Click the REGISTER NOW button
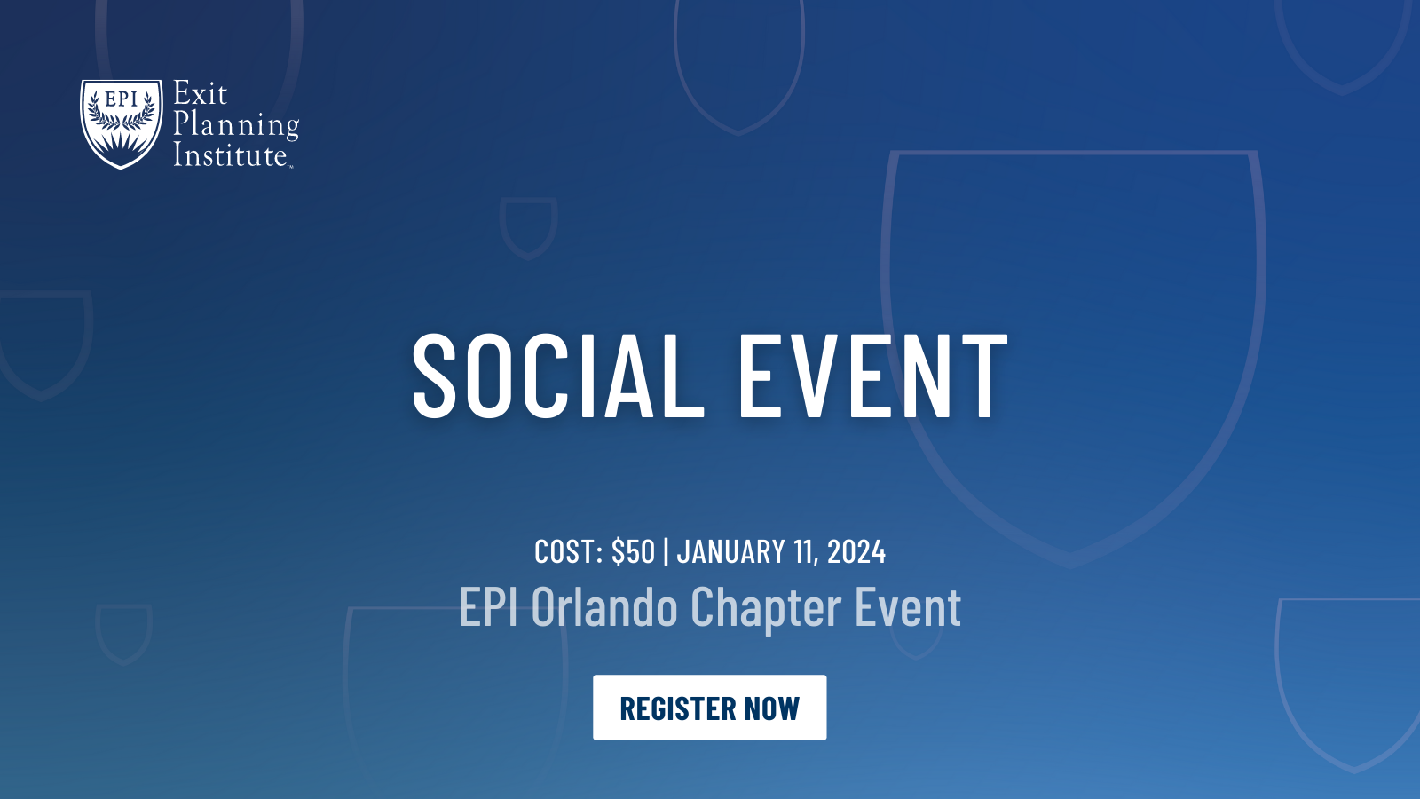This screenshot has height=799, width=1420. click(x=709, y=708)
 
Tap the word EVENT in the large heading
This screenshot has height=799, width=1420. click(x=873, y=376)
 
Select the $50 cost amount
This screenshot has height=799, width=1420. click(x=633, y=552)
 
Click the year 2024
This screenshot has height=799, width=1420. click(x=856, y=552)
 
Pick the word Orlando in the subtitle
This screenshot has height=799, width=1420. click(x=604, y=608)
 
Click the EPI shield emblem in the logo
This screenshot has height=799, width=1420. click(x=122, y=123)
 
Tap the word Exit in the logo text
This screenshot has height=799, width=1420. click(x=200, y=94)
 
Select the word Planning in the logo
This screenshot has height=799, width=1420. click(x=235, y=126)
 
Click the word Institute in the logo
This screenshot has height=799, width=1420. click(x=230, y=156)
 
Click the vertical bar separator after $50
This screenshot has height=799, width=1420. click(x=666, y=552)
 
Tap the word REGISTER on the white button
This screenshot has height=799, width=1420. click(x=677, y=708)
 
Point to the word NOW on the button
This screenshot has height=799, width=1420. click(x=772, y=708)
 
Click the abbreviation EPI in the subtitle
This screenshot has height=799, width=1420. click(x=488, y=608)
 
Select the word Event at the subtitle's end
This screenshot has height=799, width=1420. click(x=907, y=608)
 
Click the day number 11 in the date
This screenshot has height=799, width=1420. click(x=804, y=552)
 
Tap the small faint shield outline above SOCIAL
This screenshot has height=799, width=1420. click(x=528, y=227)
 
